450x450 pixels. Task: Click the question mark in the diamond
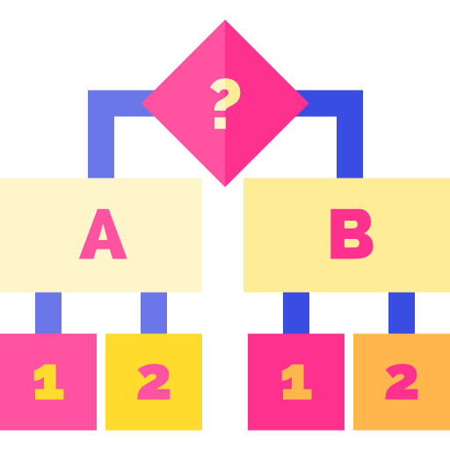click(225, 103)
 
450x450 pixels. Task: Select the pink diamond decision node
click(225, 103)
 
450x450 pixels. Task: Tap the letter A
click(103, 234)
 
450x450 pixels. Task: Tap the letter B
click(352, 234)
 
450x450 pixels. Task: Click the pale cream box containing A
click(101, 235)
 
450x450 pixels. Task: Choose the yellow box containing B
click(346, 235)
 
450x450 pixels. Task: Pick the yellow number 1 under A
click(48, 381)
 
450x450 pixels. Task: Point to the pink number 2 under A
click(154, 381)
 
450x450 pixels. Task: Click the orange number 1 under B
click(296, 381)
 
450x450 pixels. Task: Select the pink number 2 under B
click(402, 381)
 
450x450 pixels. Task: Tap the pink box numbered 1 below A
click(48, 381)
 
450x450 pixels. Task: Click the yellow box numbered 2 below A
click(154, 381)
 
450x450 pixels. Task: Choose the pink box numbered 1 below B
click(296, 381)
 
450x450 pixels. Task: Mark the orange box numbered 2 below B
click(402, 381)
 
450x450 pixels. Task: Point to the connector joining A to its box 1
click(48, 313)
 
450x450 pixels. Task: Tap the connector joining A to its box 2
click(154, 313)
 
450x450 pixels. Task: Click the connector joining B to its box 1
click(296, 313)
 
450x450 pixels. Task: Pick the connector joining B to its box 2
click(402, 313)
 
